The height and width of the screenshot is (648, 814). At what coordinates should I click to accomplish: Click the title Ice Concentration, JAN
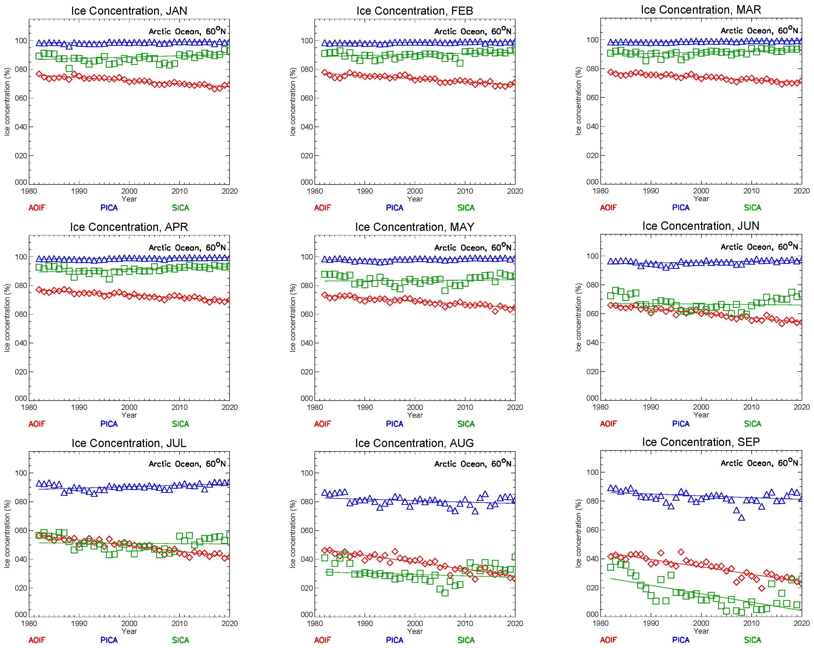(x=129, y=10)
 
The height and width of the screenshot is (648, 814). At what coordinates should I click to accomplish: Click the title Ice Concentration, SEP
(x=701, y=442)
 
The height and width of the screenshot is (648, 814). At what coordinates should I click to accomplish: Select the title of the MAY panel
(x=415, y=227)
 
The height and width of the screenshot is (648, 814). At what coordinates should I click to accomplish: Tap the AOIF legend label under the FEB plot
(x=322, y=208)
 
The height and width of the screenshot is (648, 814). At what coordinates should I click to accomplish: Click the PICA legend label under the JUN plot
(x=681, y=424)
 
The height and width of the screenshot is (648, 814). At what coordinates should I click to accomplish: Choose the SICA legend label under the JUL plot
(x=181, y=640)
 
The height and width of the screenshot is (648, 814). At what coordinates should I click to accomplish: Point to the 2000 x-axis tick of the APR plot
(x=129, y=407)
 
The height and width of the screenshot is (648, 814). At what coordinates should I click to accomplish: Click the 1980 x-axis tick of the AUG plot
(x=314, y=623)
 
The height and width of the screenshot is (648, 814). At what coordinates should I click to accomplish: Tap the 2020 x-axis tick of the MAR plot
(x=801, y=191)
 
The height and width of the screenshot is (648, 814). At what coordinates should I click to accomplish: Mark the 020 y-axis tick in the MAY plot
(x=307, y=372)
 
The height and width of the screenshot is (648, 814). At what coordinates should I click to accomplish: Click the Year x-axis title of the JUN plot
(x=701, y=415)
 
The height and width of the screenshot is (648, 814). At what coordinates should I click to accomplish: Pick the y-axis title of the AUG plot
(x=292, y=534)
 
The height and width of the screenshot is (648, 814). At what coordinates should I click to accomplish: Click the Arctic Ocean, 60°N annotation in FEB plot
(x=473, y=31)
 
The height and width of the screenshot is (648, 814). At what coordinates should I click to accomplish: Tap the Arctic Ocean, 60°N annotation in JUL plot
(x=187, y=464)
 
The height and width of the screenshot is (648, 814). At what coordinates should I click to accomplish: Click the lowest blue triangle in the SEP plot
(x=741, y=518)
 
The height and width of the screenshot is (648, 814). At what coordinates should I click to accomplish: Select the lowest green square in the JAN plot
(x=69, y=68)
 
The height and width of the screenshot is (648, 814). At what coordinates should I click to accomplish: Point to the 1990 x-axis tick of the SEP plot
(x=650, y=623)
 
